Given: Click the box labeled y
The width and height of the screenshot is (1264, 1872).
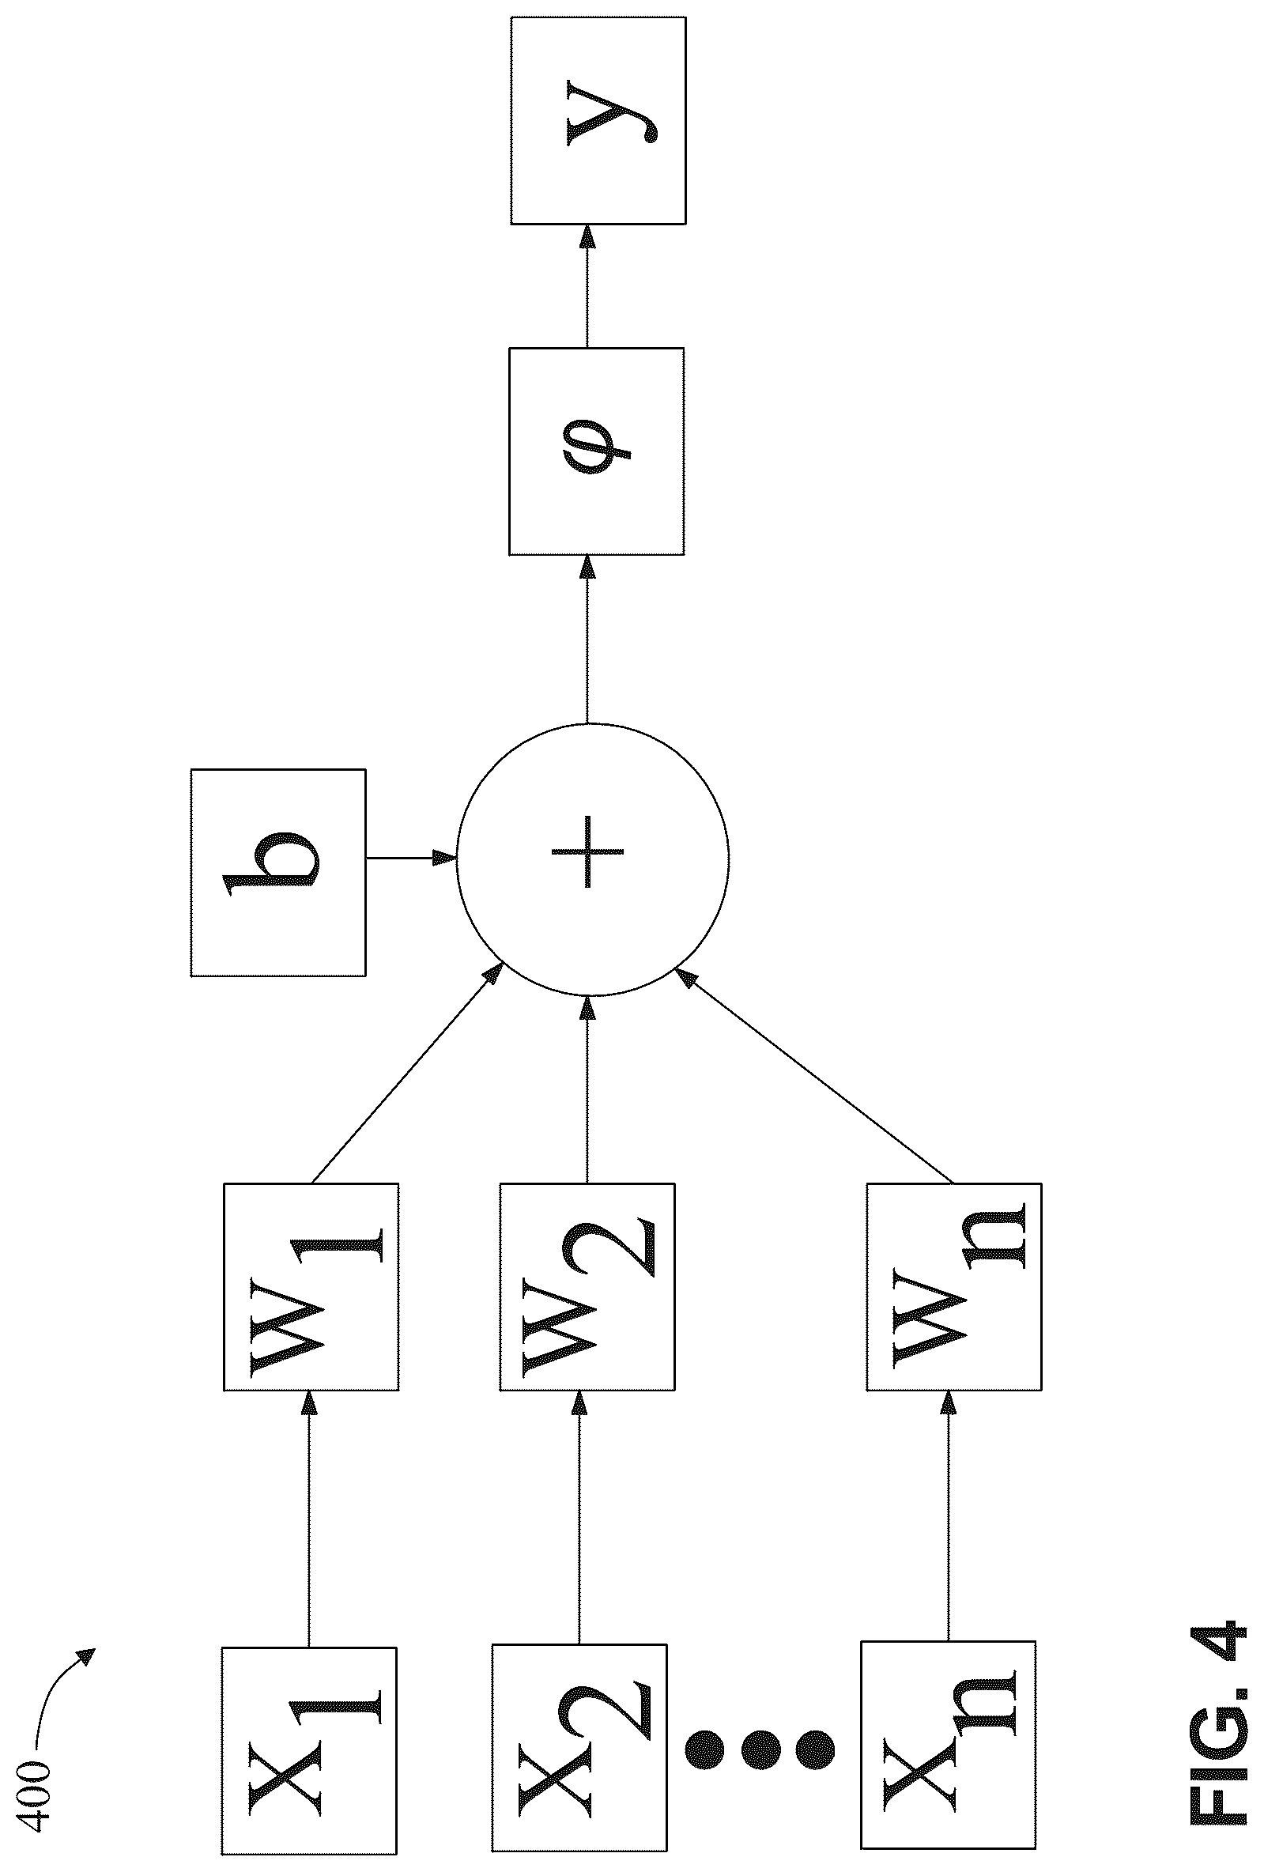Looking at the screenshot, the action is click(x=598, y=121).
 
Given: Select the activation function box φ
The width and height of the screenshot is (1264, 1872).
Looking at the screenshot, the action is click(x=597, y=452).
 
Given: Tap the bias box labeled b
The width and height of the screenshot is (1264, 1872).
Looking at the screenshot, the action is click(x=278, y=873).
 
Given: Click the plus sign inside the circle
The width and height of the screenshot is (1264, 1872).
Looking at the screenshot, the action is click(x=588, y=851).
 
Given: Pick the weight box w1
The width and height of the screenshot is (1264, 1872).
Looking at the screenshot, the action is click(x=311, y=1286).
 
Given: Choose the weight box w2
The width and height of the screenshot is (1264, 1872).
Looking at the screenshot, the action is click(x=587, y=1286).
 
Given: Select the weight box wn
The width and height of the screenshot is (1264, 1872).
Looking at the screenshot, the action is click(x=954, y=1286).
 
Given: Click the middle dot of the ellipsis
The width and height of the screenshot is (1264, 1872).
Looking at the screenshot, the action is click(x=758, y=1749).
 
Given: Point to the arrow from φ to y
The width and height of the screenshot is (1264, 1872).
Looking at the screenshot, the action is click(x=587, y=286).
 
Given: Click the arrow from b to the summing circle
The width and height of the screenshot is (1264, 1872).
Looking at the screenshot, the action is click(x=411, y=858).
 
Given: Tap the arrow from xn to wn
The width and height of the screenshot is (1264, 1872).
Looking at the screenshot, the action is click(x=949, y=1516).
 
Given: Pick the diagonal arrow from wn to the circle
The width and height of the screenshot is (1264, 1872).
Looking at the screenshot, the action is click(x=815, y=1075).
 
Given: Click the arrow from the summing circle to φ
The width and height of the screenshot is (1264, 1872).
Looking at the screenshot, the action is click(x=587, y=639).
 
